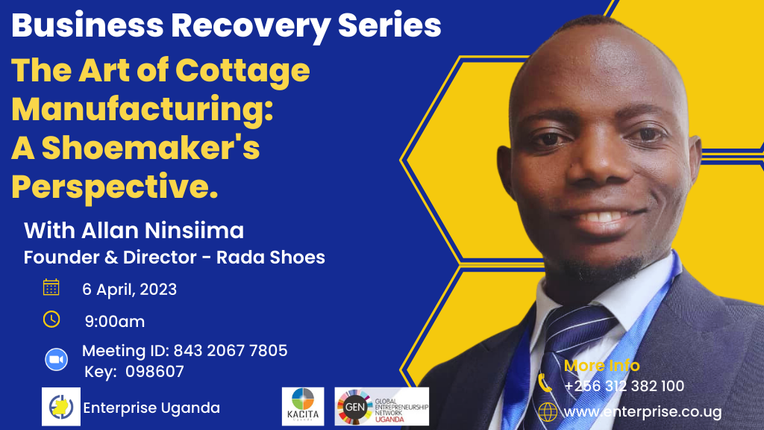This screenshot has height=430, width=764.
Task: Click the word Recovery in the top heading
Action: (x=251, y=28)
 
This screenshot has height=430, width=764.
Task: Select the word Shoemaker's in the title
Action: (x=151, y=148)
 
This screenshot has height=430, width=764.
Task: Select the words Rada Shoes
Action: (x=270, y=258)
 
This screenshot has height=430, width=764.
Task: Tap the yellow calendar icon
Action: (x=51, y=287)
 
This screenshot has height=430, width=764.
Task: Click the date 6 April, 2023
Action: (x=129, y=290)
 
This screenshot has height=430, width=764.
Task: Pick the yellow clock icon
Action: (x=51, y=320)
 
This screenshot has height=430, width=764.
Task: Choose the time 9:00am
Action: (x=114, y=322)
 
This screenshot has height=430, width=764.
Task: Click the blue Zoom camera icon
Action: (x=57, y=360)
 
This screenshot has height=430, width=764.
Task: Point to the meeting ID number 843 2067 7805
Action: (x=231, y=351)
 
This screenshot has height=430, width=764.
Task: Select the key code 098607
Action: (x=154, y=372)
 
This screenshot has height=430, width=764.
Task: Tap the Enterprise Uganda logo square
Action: (x=61, y=407)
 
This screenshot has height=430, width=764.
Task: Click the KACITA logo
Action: (x=303, y=407)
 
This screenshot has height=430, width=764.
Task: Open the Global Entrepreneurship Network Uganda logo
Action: (x=381, y=407)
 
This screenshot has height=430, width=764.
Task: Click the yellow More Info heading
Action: (x=602, y=366)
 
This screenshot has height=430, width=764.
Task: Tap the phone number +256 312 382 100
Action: (x=624, y=386)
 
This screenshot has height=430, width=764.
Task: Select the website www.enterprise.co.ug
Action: (x=642, y=412)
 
